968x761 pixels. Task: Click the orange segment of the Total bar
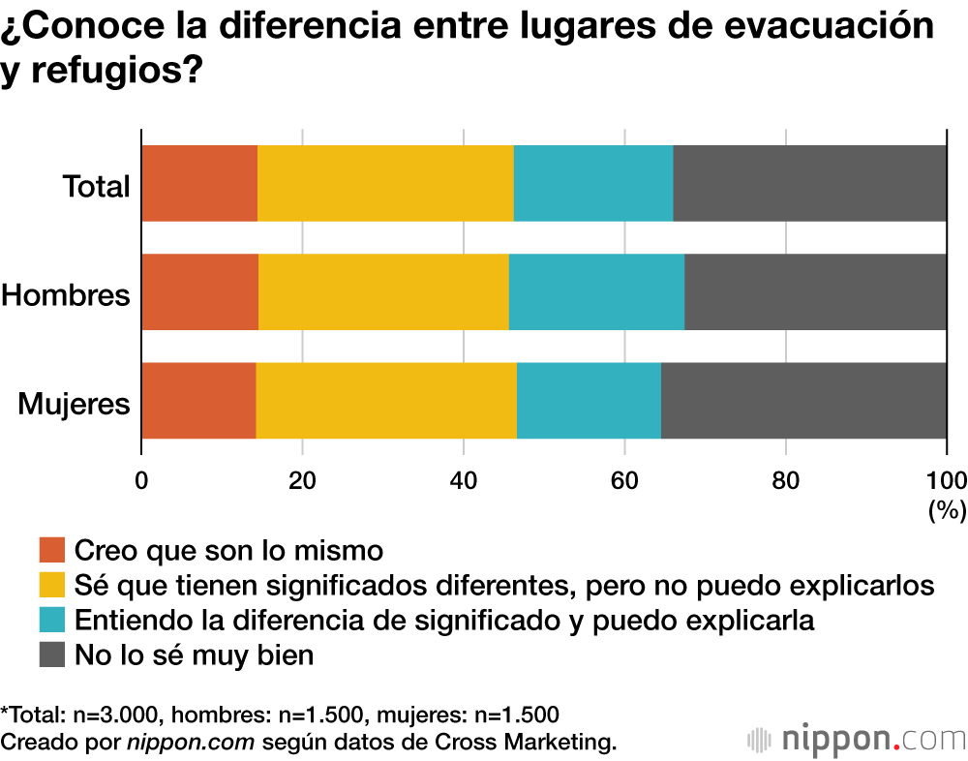pos(199,184)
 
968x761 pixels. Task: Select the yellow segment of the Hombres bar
pos(383,292)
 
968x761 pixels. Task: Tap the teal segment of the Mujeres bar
pos(589,401)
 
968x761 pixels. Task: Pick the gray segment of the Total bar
pos(809,184)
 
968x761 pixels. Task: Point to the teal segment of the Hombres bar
pos(596,292)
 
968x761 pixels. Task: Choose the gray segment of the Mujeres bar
pos(803,401)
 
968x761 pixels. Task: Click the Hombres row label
pos(66,294)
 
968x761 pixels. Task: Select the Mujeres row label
pos(74,403)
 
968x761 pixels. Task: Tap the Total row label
pos(96,186)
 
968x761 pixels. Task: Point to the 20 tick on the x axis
pos(303,479)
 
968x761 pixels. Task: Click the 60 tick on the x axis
pos(624,479)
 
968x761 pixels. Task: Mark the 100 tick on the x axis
pos(946,479)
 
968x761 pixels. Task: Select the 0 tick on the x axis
pos(142,479)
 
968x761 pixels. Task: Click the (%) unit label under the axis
pos(947,510)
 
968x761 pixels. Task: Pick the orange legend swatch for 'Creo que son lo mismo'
pos(51,551)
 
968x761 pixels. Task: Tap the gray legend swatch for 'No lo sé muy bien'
pos(51,654)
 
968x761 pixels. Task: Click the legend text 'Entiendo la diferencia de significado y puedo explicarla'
pos(444,620)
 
